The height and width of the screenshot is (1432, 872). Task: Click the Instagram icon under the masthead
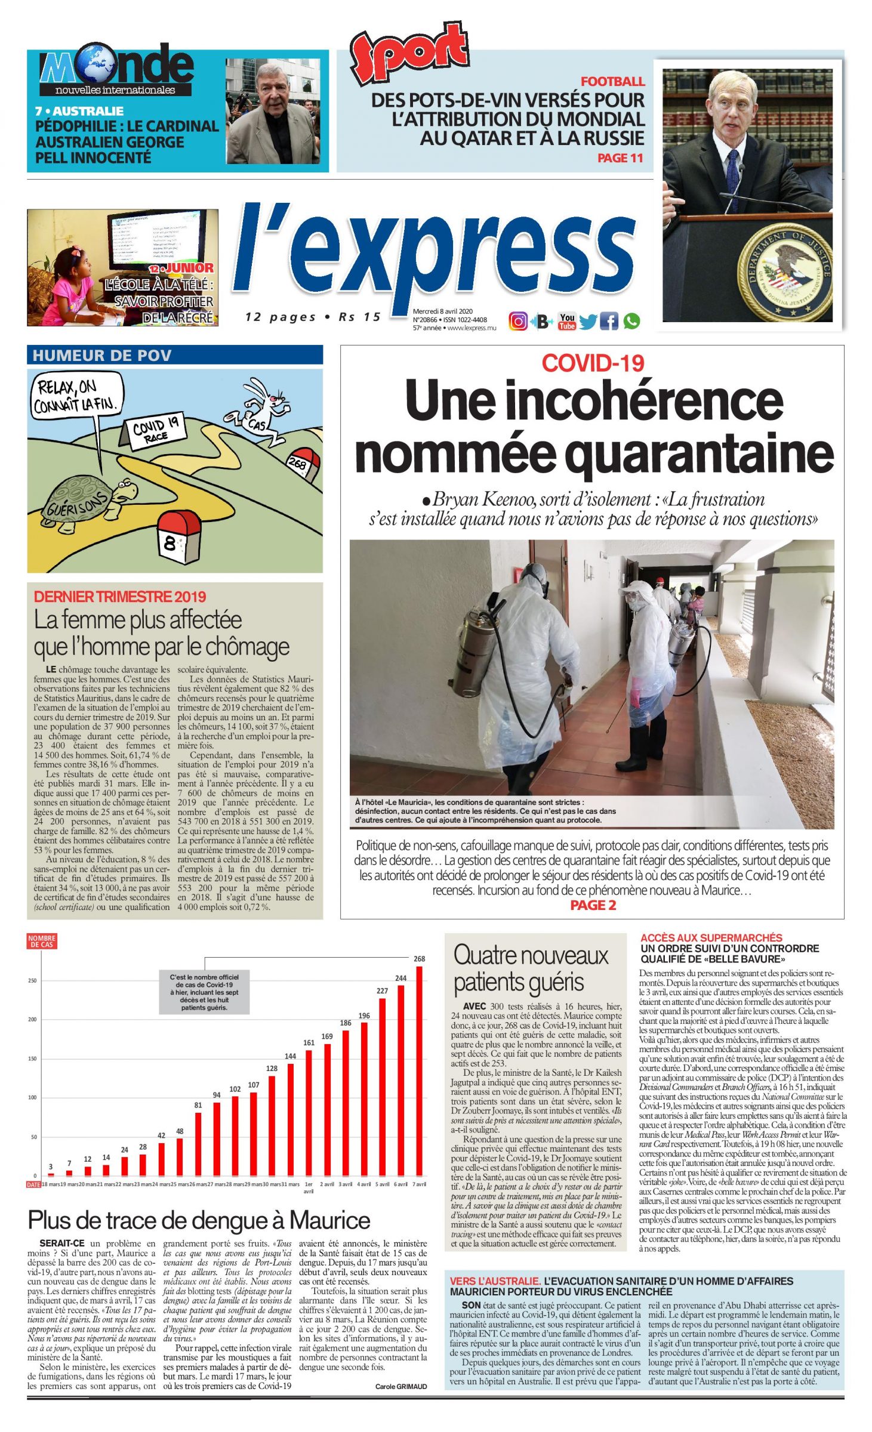tap(517, 322)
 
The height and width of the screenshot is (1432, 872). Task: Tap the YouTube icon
tap(566, 322)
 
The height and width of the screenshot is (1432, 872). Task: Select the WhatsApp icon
tap(631, 322)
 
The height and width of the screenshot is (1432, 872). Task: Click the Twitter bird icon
tap(587, 322)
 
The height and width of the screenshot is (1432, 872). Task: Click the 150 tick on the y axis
tap(33, 1058)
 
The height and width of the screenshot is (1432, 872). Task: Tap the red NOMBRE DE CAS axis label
tap(41, 942)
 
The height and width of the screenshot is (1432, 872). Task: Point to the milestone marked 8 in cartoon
tap(178, 536)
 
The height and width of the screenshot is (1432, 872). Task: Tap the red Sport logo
tap(408, 52)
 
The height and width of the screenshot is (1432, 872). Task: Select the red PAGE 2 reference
tap(593, 905)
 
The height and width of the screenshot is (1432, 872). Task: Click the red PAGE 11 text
tap(620, 158)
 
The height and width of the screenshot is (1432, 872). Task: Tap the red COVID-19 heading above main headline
tap(593, 363)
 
